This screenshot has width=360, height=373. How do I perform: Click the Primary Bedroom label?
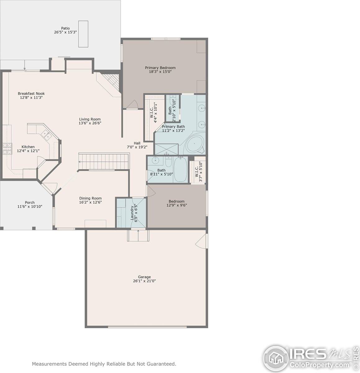coord(160,68)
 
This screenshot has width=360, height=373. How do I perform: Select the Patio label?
coord(65,28)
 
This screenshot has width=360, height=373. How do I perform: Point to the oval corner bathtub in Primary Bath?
coord(195,144)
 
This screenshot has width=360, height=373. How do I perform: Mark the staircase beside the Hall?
coord(103,161)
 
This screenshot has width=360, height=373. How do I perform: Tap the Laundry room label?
coord(132,213)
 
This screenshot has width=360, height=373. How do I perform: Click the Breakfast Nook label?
coord(31,94)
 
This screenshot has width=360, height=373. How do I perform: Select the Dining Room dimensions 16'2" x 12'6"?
coord(90,202)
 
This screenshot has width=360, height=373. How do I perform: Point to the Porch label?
coord(30,202)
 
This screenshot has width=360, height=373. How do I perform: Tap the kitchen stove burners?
coord(7,149)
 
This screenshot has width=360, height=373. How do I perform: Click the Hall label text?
coord(137,143)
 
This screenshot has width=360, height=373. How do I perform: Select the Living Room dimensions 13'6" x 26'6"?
coord(90,123)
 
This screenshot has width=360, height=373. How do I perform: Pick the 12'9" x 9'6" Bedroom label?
coord(176,201)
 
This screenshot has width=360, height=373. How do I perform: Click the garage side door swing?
coord(201,241)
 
